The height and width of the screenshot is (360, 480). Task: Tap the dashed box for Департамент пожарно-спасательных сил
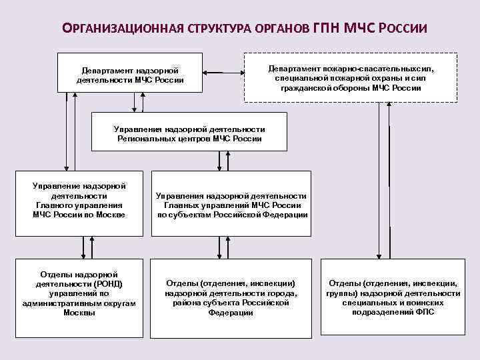pyautogui.click(x=351, y=77)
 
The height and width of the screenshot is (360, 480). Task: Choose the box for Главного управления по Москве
pyautogui.click(x=79, y=203)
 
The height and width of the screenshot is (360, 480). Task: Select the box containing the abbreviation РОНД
pyautogui.click(x=79, y=293)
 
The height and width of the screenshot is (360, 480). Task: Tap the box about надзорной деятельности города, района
pyautogui.click(x=231, y=293)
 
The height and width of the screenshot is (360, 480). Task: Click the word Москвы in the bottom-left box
pyautogui.click(x=79, y=313)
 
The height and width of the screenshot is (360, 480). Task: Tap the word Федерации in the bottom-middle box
pyautogui.click(x=231, y=313)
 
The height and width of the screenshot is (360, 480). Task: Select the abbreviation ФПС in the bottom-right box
pyautogui.click(x=425, y=312)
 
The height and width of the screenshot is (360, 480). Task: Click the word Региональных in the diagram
pyautogui.click(x=144, y=139)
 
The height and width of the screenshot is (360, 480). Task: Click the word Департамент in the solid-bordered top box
pyautogui.click(x=107, y=70)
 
